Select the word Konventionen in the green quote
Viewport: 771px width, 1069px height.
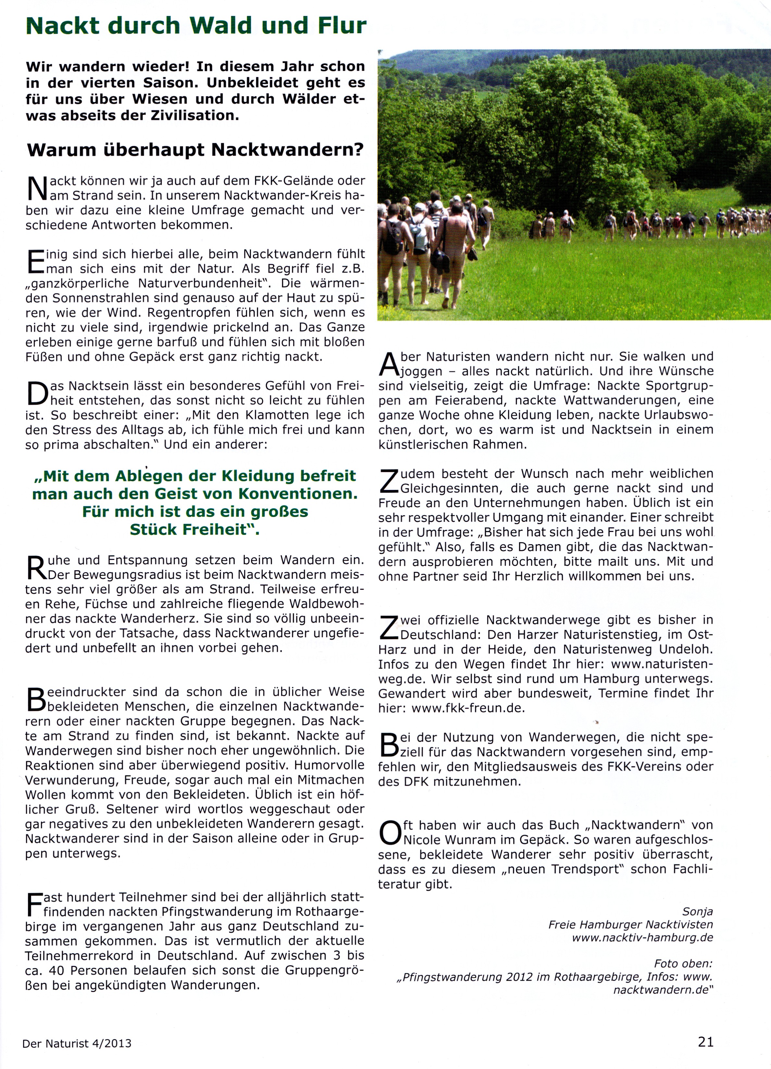tap(298, 494)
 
